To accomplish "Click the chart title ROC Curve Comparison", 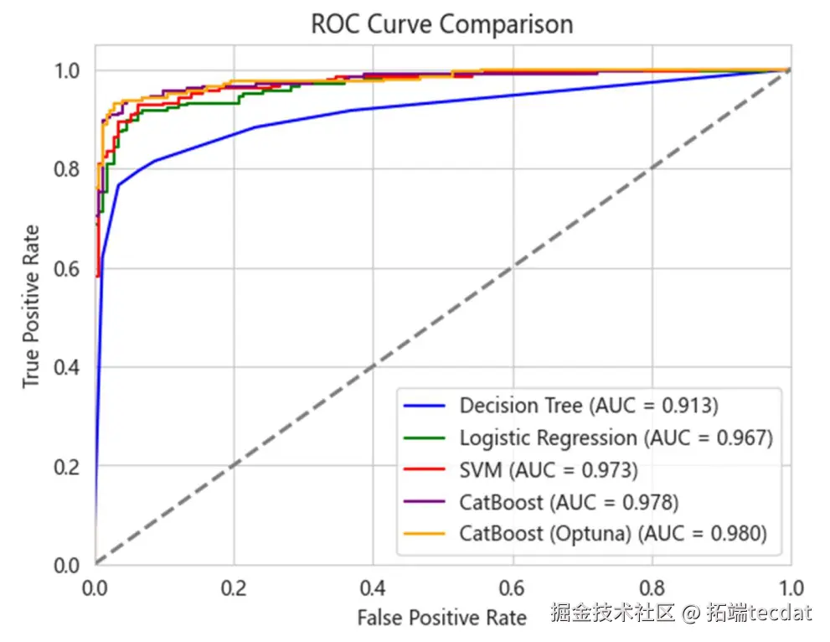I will coord(441,23).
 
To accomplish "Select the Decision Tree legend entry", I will coord(588,406).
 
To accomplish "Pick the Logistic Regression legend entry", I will coord(616,437).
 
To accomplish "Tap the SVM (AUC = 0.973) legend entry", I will coord(548,470).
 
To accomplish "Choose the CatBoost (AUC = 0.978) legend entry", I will coord(568,502).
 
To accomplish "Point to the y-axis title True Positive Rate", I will coord(31,306).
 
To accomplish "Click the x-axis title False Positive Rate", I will coord(441,619).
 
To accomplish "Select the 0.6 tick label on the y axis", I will coord(68,268).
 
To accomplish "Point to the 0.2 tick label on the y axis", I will coord(68,466).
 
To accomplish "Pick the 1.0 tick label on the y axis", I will coord(68,70).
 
